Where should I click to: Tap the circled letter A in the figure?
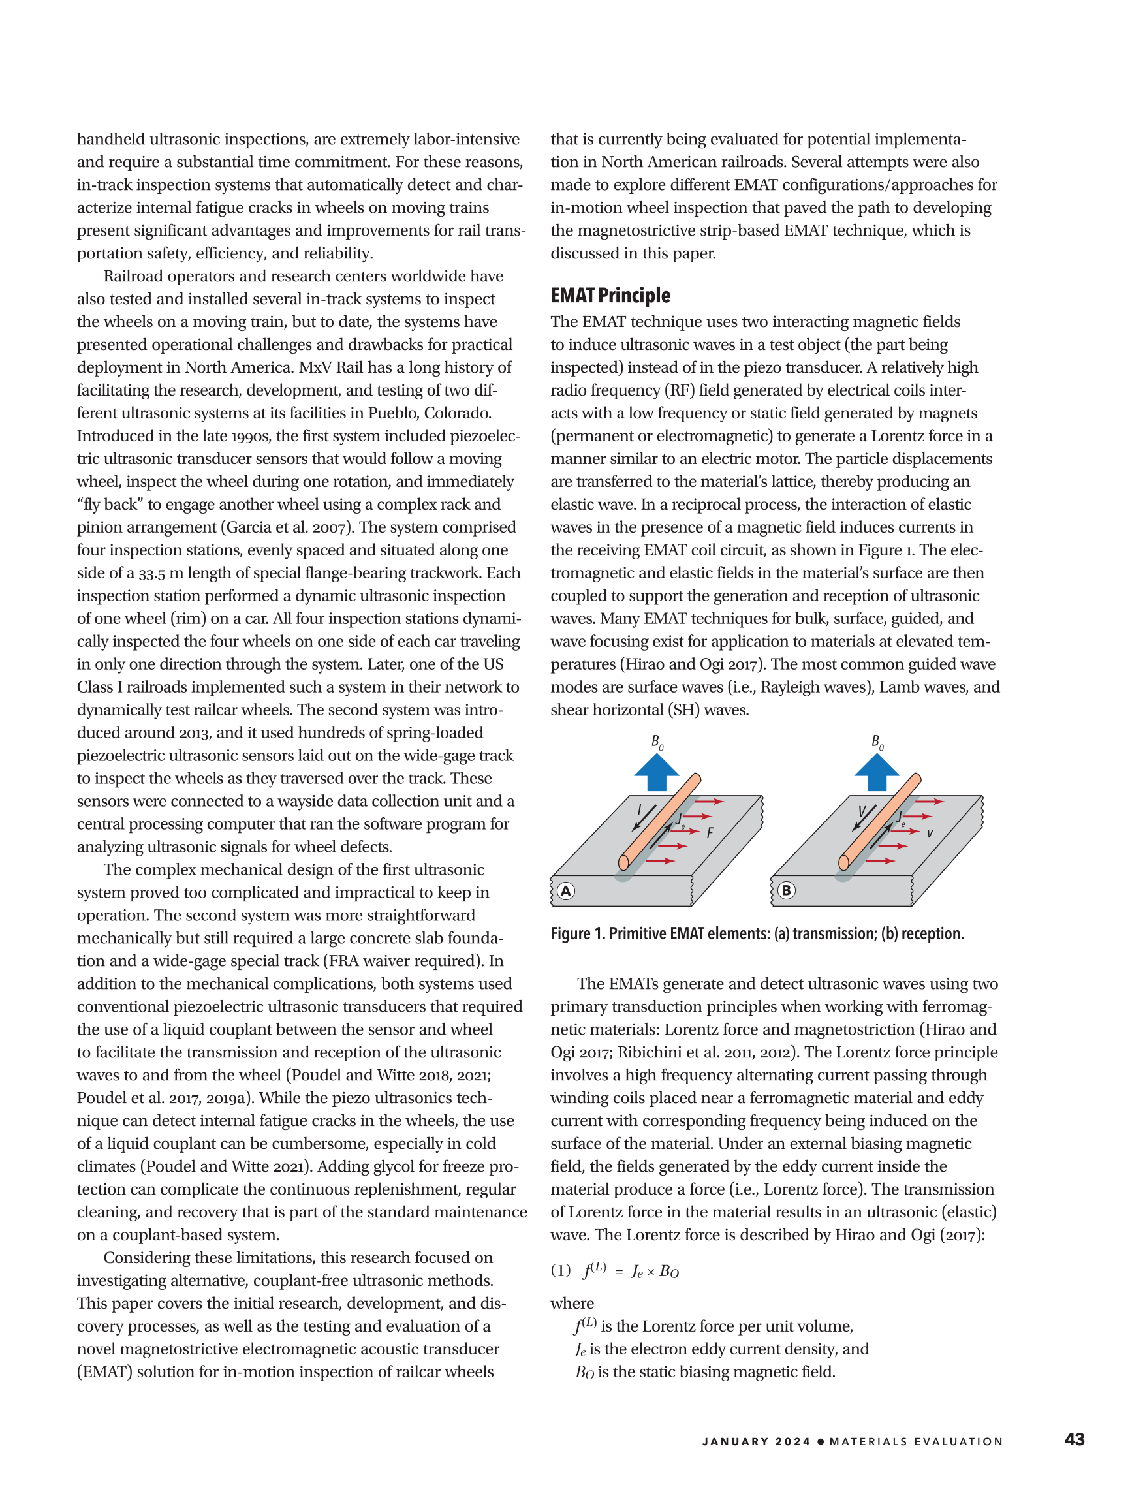pyautogui.click(x=566, y=891)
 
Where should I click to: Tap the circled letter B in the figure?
pyautogui.click(x=786, y=890)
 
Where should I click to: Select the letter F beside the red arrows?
pyautogui.click(x=710, y=832)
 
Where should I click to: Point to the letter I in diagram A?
pyautogui.click(x=639, y=809)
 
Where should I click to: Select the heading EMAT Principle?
pyautogui.click(x=610, y=295)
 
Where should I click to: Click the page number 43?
pyautogui.click(x=1074, y=1439)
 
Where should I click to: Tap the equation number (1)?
pyautogui.click(x=561, y=1270)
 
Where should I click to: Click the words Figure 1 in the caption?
pyautogui.click(x=577, y=933)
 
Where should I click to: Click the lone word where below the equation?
pyautogui.click(x=572, y=1304)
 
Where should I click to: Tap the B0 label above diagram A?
pyautogui.click(x=657, y=742)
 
